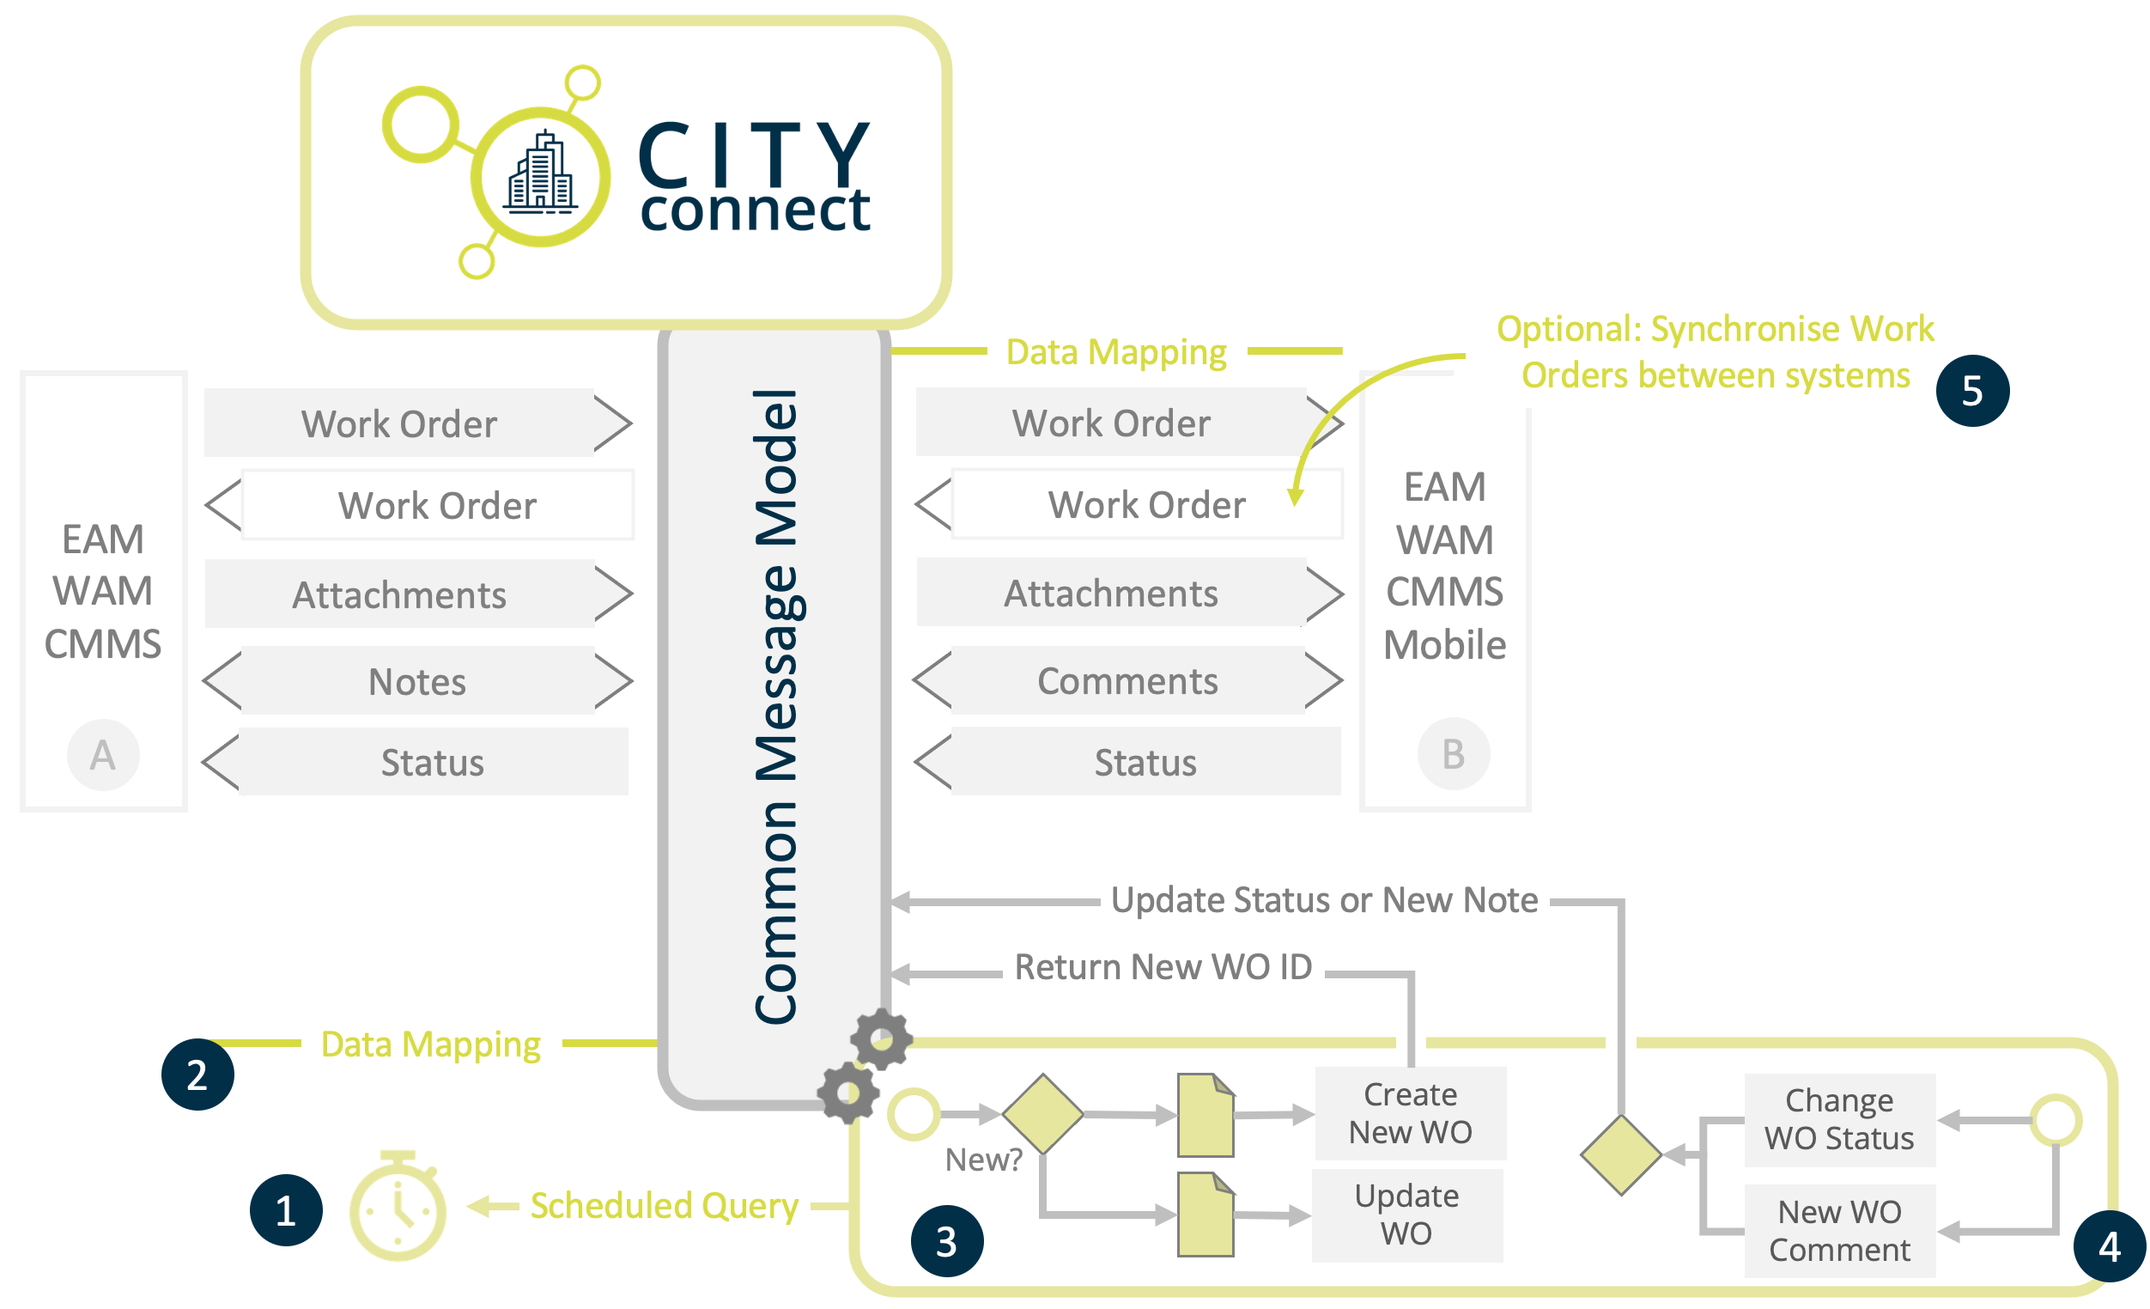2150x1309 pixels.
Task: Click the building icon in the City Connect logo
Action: (x=540, y=174)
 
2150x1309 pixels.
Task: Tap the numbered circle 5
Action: (x=1971, y=390)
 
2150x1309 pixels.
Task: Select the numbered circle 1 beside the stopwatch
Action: (x=285, y=1210)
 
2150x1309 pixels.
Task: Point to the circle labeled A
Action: (x=103, y=755)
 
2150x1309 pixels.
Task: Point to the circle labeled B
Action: (x=1452, y=754)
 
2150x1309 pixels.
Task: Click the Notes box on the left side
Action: (x=417, y=681)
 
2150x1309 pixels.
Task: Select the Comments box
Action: (x=1127, y=680)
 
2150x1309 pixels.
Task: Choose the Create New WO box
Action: (x=1409, y=1113)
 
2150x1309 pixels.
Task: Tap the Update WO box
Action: (x=1406, y=1215)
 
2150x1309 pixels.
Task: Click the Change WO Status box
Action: (x=1838, y=1120)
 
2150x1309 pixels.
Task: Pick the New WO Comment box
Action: (x=1838, y=1231)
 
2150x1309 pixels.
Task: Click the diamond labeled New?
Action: (x=1042, y=1114)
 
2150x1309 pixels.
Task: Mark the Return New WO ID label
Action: (x=1163, y=967)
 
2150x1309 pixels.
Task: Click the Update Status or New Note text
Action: (x=1323, y=899)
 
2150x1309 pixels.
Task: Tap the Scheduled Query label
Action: (x=663, y=1206)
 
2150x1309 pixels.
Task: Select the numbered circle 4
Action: (x=2108, y=1246)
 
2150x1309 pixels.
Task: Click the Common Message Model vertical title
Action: (x=774, y=707)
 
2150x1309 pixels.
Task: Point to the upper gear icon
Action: (x=881, y=1039)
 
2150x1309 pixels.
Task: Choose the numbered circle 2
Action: (x=197, y=1075)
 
